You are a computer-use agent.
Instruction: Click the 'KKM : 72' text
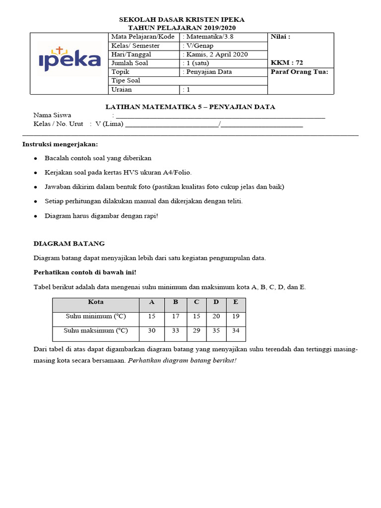coord(287,63)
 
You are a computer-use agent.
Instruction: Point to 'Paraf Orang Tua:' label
coord(300,72)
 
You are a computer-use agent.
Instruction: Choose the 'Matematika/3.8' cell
coord(209,37)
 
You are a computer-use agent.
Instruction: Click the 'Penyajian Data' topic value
coord(207,72)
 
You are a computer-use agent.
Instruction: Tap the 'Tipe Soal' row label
coord(126,80)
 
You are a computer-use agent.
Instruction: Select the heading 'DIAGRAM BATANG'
coord(69,244)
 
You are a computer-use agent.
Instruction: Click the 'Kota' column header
coord(96,302)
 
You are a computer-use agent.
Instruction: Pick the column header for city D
coord(216,302)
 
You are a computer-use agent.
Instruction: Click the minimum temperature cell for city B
coord(175,316)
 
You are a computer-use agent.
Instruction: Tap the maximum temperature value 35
coord(216,330)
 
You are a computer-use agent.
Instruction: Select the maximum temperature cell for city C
coord(196,330)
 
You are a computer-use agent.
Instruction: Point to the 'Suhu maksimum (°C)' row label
coord(96,330)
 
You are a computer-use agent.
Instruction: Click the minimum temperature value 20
coord(216,316)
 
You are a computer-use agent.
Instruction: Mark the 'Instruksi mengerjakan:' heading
coord(61,144)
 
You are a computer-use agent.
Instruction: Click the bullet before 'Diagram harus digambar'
coord(35,216)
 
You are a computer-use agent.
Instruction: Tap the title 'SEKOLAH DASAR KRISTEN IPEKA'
coord(182,19)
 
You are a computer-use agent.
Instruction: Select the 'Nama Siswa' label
coord(52,116)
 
